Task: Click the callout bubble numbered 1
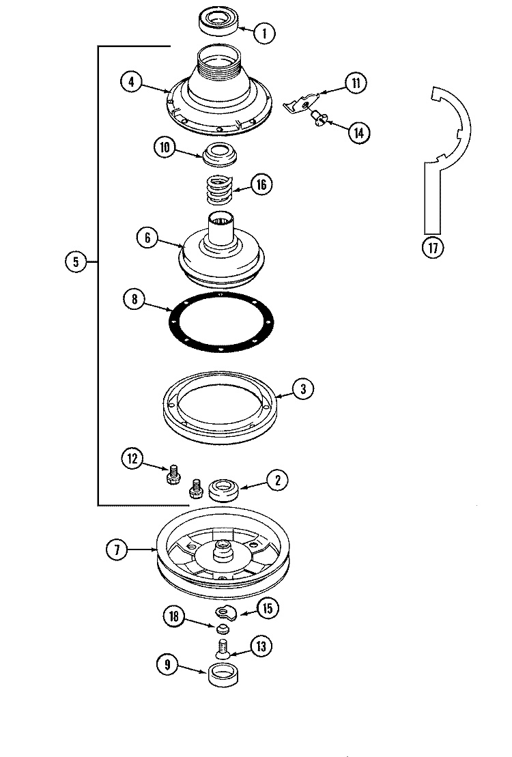(x=264, y=31)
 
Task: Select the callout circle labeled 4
(x=132, y=82)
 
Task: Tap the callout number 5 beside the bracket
(x=76, y=261)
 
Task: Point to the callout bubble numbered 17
(x=431, y=248)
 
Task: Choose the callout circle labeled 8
(x=134, y=298)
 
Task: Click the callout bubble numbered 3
(x=303, y=388)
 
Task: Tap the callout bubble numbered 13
(x=261, y=646)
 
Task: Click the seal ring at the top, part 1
(x=217, y=20)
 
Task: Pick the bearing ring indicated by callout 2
(x=223, y=490)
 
